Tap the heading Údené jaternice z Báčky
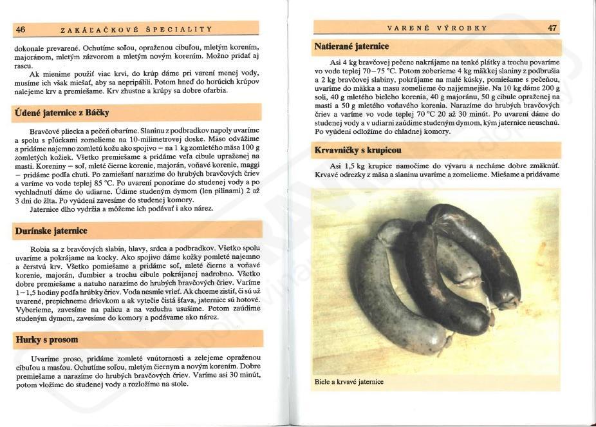(x=62, y=113)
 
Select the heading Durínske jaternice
(x=51, y=231)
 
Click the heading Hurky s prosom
(x=47, y=339)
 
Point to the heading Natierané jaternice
(x=351, y=46)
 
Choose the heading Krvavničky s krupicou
(x=358, y=150)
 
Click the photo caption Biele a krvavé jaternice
(x=349, y=382)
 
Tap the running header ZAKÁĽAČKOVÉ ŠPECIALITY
(x=136, y=29)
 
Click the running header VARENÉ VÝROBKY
(x=437, y=28)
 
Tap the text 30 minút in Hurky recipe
(x=243, y=375)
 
